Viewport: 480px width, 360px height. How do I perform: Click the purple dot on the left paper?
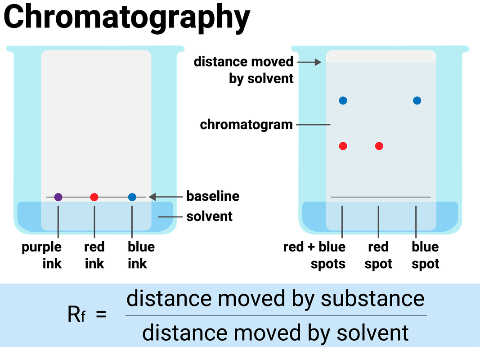point(58,197)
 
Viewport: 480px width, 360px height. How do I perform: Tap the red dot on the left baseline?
point(94,197)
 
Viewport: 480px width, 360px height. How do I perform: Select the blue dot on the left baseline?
point(132,197)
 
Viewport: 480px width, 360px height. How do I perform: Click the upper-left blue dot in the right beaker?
point(343,100)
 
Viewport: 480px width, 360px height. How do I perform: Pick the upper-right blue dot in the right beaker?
point(417,100)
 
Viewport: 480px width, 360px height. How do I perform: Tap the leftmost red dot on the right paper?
point(343,146)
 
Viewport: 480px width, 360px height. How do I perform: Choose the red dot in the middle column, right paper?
point(379,146)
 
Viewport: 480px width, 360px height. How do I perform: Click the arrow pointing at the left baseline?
point(166,197)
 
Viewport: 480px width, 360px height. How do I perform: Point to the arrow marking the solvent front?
point(310,62)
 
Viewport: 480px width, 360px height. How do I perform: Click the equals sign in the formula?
point(102,315)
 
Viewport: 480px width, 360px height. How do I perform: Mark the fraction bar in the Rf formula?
point(276,315)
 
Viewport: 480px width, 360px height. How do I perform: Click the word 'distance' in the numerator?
point(161,299)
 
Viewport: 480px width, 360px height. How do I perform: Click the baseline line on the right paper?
point(381,197)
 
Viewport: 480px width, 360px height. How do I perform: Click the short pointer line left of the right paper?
point(313,124)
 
